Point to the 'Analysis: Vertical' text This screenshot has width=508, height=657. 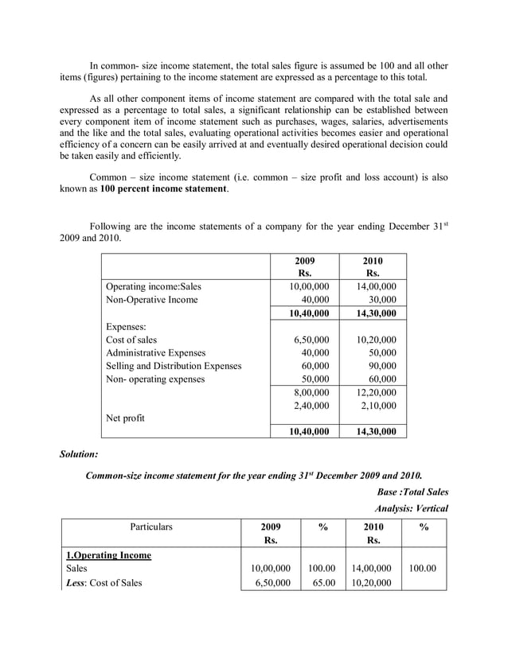pyautogui.click(x=410, y=508)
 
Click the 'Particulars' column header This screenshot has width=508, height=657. pyautogui.click(x=147, y=527)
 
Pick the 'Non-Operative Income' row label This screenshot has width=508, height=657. pyautogui.click(x=151, y=300)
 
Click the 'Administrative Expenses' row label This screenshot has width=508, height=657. pyautogui.click(x=155, y=352)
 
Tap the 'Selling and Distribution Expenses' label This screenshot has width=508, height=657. pyautogui.click(x=174, y=366)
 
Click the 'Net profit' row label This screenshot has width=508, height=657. pyautogui.click(x=125, y=418)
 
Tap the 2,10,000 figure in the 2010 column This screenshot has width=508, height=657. pyautogui.click(x=373, y=406)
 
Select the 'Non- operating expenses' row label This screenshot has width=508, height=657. pyautogui.click(x=155, y=379)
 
